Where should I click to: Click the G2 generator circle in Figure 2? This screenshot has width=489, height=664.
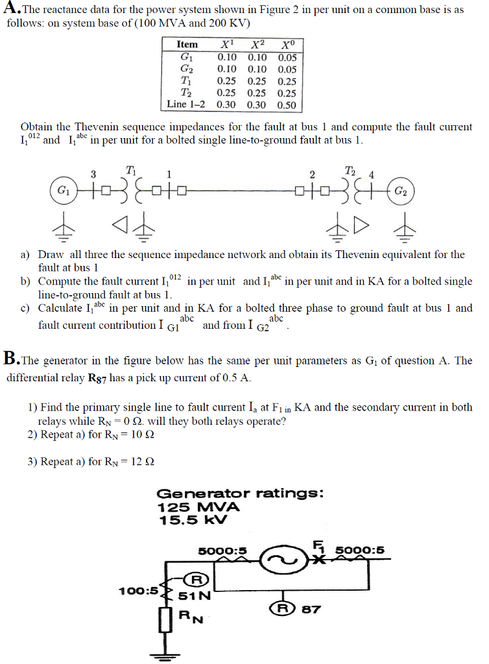[402, 192]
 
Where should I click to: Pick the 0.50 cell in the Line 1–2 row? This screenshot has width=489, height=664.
[286, 104]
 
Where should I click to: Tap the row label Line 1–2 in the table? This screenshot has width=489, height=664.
[186, 104]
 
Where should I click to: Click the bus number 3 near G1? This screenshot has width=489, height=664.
[93, 174]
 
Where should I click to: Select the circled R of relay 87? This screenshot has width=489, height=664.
[281, 609]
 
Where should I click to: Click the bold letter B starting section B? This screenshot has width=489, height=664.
[11, 357]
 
